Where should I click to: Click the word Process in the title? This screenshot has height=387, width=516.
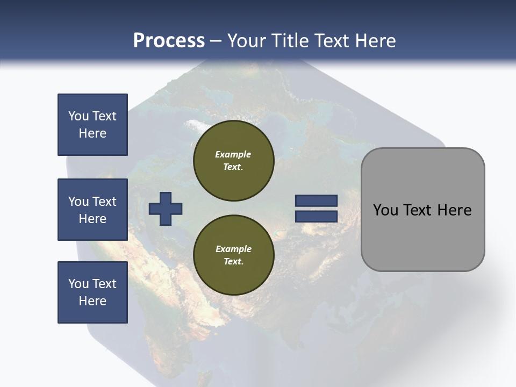pyautogui.click(x=169, y=41)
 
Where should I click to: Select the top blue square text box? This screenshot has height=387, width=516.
pyautogui.click(x=92, y=125)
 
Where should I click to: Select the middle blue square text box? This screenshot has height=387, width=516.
pyautogui.click(x=92, y=210)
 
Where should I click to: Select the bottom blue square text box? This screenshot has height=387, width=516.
pyautogui.click(x=92, y=292)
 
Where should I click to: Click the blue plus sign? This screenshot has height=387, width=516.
pyautogui.click(x=166, y=209)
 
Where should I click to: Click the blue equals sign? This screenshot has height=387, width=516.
pyautogui.click(x=316, y=209)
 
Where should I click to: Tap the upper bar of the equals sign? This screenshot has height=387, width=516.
pyautogui.click(x=316, y=200)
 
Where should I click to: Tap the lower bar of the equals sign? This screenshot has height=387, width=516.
pyautogui.click(x=316, y=217)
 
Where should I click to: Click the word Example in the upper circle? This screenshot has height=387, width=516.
pyautogui.click(x=233, y=154)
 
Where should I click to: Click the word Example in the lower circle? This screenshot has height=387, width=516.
pyautogui.click(x=233, y=249)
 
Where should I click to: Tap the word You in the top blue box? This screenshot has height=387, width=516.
pyautogui.click(x=78, y=116)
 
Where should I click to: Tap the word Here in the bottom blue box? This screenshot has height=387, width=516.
pyautogui.click(x=92, y=301)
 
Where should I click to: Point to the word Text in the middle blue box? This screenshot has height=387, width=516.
pyautogui.click(x=104, y=202)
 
